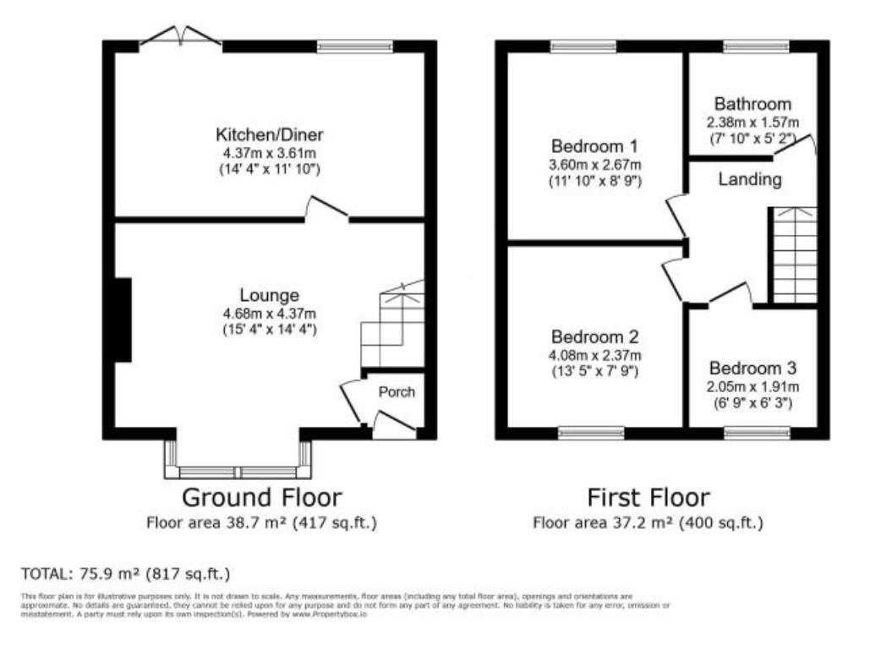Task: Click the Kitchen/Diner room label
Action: (x=269, y=134)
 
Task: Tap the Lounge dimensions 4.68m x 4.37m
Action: (x=269, y=314)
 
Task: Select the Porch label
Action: (x=396, y=392)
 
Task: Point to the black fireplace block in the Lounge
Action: (x=123, y=320)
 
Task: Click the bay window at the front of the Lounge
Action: (x=238, y=471)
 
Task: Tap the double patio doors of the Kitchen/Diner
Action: (x=181, y=37)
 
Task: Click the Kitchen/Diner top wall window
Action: (x=355, y=46)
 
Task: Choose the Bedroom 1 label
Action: (x=594, y=145)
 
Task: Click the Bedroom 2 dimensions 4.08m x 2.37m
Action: (x=594, y=354)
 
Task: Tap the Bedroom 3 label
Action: (x=752, y=369)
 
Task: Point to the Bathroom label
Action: (x=752, y=104)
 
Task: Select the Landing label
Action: (x=750, y=180)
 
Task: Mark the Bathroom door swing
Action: (x=799, y=145)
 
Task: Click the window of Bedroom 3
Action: (x=757, y=433)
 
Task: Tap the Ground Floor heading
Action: (x=262, y=497)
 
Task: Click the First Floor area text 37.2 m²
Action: (x=648, y=523)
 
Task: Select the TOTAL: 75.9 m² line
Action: (x=125, y=574)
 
